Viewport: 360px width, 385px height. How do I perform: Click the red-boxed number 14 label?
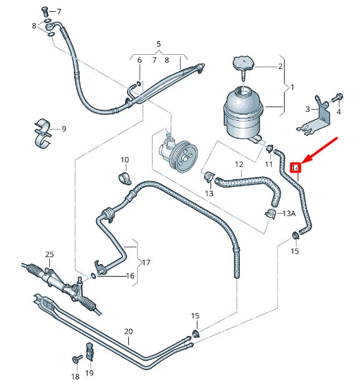point(296,167)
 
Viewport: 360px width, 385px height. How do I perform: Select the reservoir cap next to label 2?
point(241,64)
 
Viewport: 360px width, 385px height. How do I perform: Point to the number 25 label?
point(49,255)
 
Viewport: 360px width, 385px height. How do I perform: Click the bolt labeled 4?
point(337,98)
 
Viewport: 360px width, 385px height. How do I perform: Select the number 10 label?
point(124,160)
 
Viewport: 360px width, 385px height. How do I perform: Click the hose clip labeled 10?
point(124,179)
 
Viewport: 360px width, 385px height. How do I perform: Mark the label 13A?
point(288,214)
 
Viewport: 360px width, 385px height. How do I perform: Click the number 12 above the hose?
point(239,164)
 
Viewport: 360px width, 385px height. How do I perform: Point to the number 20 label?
point(128,331)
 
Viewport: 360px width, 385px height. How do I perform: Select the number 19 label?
point(89,373)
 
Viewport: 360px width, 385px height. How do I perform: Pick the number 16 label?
point(130,275)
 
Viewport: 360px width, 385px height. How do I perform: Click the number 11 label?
point(269,164)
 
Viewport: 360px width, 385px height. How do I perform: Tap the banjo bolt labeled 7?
point(45,11)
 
